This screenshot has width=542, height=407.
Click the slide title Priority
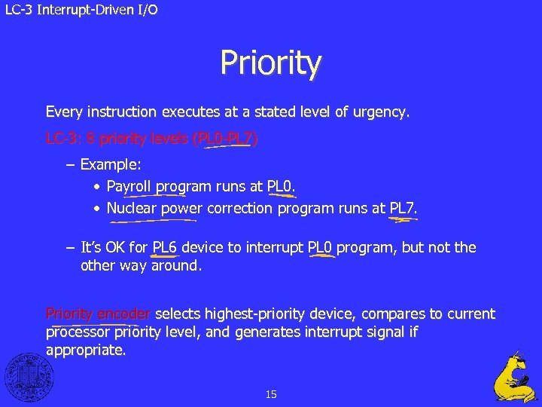(271, 63)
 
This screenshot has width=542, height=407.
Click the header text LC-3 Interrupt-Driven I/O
(80, 10)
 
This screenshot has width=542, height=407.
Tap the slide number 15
(271, 394)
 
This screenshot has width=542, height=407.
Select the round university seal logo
(29, 376)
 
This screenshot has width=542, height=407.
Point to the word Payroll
(130, 186)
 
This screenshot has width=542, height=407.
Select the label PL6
(164, 248)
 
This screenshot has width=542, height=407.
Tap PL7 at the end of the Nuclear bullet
(402, 209)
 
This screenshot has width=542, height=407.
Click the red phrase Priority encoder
(98, 314)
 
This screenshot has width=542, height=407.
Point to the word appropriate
(85, 350)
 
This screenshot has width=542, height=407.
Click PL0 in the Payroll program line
(280, 186)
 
